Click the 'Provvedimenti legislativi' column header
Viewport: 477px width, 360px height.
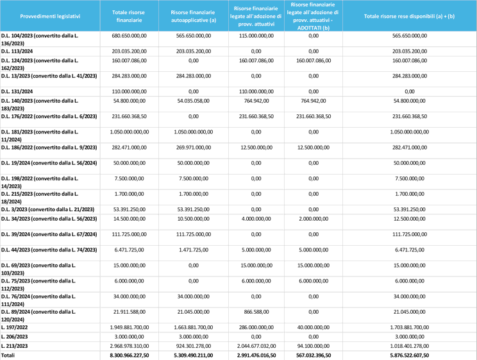coord(50,15)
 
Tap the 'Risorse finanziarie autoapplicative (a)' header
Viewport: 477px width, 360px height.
coord(193,15)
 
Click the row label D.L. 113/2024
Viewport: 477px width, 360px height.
coord(17,51)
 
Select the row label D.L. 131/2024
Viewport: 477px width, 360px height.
coord(17,91)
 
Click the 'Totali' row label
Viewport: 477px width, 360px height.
coord(8,354)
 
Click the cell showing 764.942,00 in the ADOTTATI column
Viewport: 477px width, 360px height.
coord(314,101)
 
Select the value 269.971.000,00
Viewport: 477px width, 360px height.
coord(193,148)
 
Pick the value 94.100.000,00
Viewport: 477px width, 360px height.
coord(314,345)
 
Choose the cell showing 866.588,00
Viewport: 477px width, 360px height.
coord(256,312)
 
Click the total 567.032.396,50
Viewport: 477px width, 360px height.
coord(314,354)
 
